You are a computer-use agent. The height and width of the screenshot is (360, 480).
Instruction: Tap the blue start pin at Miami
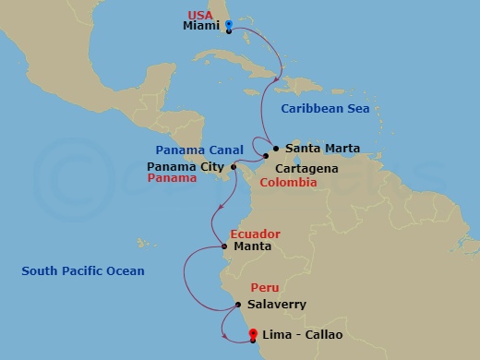coord(228,26)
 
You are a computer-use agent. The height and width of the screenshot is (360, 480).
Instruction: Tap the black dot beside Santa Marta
coord(276,148)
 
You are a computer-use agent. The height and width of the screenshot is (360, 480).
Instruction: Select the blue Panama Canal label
coord(199,150)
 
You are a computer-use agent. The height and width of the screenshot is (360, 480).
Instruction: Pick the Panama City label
coord(186,166)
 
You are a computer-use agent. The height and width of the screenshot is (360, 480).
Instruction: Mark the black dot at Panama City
coord(234,166)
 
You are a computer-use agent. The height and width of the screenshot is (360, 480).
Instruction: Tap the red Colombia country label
coord(288,183)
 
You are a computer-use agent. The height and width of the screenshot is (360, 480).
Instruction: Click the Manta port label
coord(251,246)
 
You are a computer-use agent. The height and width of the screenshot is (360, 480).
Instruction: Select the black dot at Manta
coord(224,246)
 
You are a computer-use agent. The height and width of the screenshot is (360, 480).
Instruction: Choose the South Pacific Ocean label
coord(83,270)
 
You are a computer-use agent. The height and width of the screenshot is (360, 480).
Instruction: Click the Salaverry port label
coord(277,304)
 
